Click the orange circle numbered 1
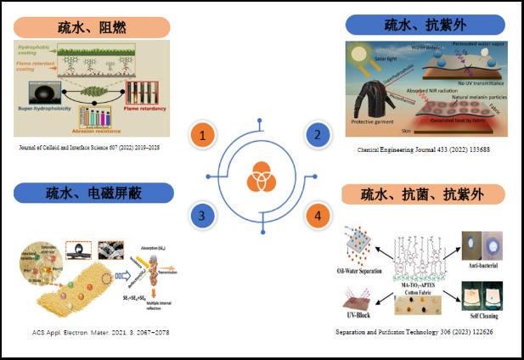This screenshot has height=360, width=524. click(201, 135)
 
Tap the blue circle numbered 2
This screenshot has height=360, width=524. click(317, 135)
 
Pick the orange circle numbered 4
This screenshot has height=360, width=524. click(317, 217)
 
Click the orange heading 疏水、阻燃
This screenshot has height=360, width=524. click(92, 27)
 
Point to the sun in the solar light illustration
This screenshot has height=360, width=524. click(360, 53)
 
